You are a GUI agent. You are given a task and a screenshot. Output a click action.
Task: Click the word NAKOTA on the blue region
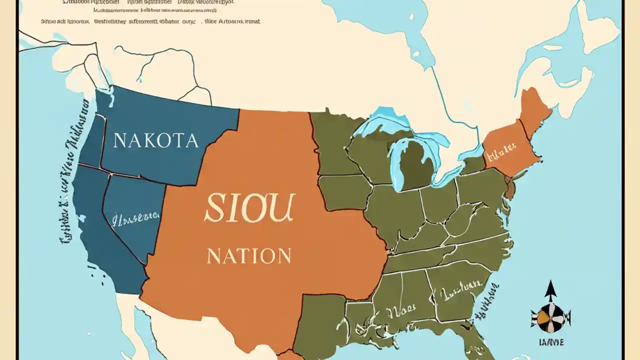(155, 140)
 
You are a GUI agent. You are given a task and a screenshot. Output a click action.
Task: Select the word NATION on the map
(249, 256)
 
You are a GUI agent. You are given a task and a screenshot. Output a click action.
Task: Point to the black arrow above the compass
(550, 291)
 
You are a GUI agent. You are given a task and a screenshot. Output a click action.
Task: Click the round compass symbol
(550, 318)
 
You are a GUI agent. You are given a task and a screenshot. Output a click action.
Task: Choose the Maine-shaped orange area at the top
(535, 107)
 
